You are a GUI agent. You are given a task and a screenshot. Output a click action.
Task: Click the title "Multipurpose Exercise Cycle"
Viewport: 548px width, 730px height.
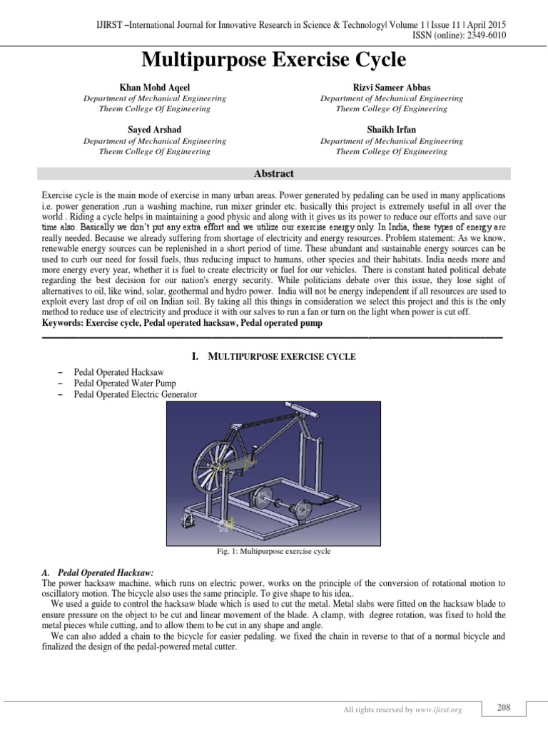(273, 59)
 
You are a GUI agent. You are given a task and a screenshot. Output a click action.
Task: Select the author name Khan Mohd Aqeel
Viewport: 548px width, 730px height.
(154, 86)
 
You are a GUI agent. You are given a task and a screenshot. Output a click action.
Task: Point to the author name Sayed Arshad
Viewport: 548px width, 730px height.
(154, 129)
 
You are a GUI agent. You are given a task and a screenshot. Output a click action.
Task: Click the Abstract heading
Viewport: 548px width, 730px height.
(274, 173)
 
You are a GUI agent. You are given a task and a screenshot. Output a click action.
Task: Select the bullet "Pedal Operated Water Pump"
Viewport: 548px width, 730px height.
(125, 384)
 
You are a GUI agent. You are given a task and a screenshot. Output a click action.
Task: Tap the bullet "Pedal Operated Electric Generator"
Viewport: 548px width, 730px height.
(136, 394)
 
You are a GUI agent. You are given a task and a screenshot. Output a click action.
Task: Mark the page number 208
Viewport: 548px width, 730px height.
(503, 708)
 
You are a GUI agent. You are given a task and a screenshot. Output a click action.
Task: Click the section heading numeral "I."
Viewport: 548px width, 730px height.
(196, 356)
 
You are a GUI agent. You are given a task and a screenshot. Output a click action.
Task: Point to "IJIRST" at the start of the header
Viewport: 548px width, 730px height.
(111, 24)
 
